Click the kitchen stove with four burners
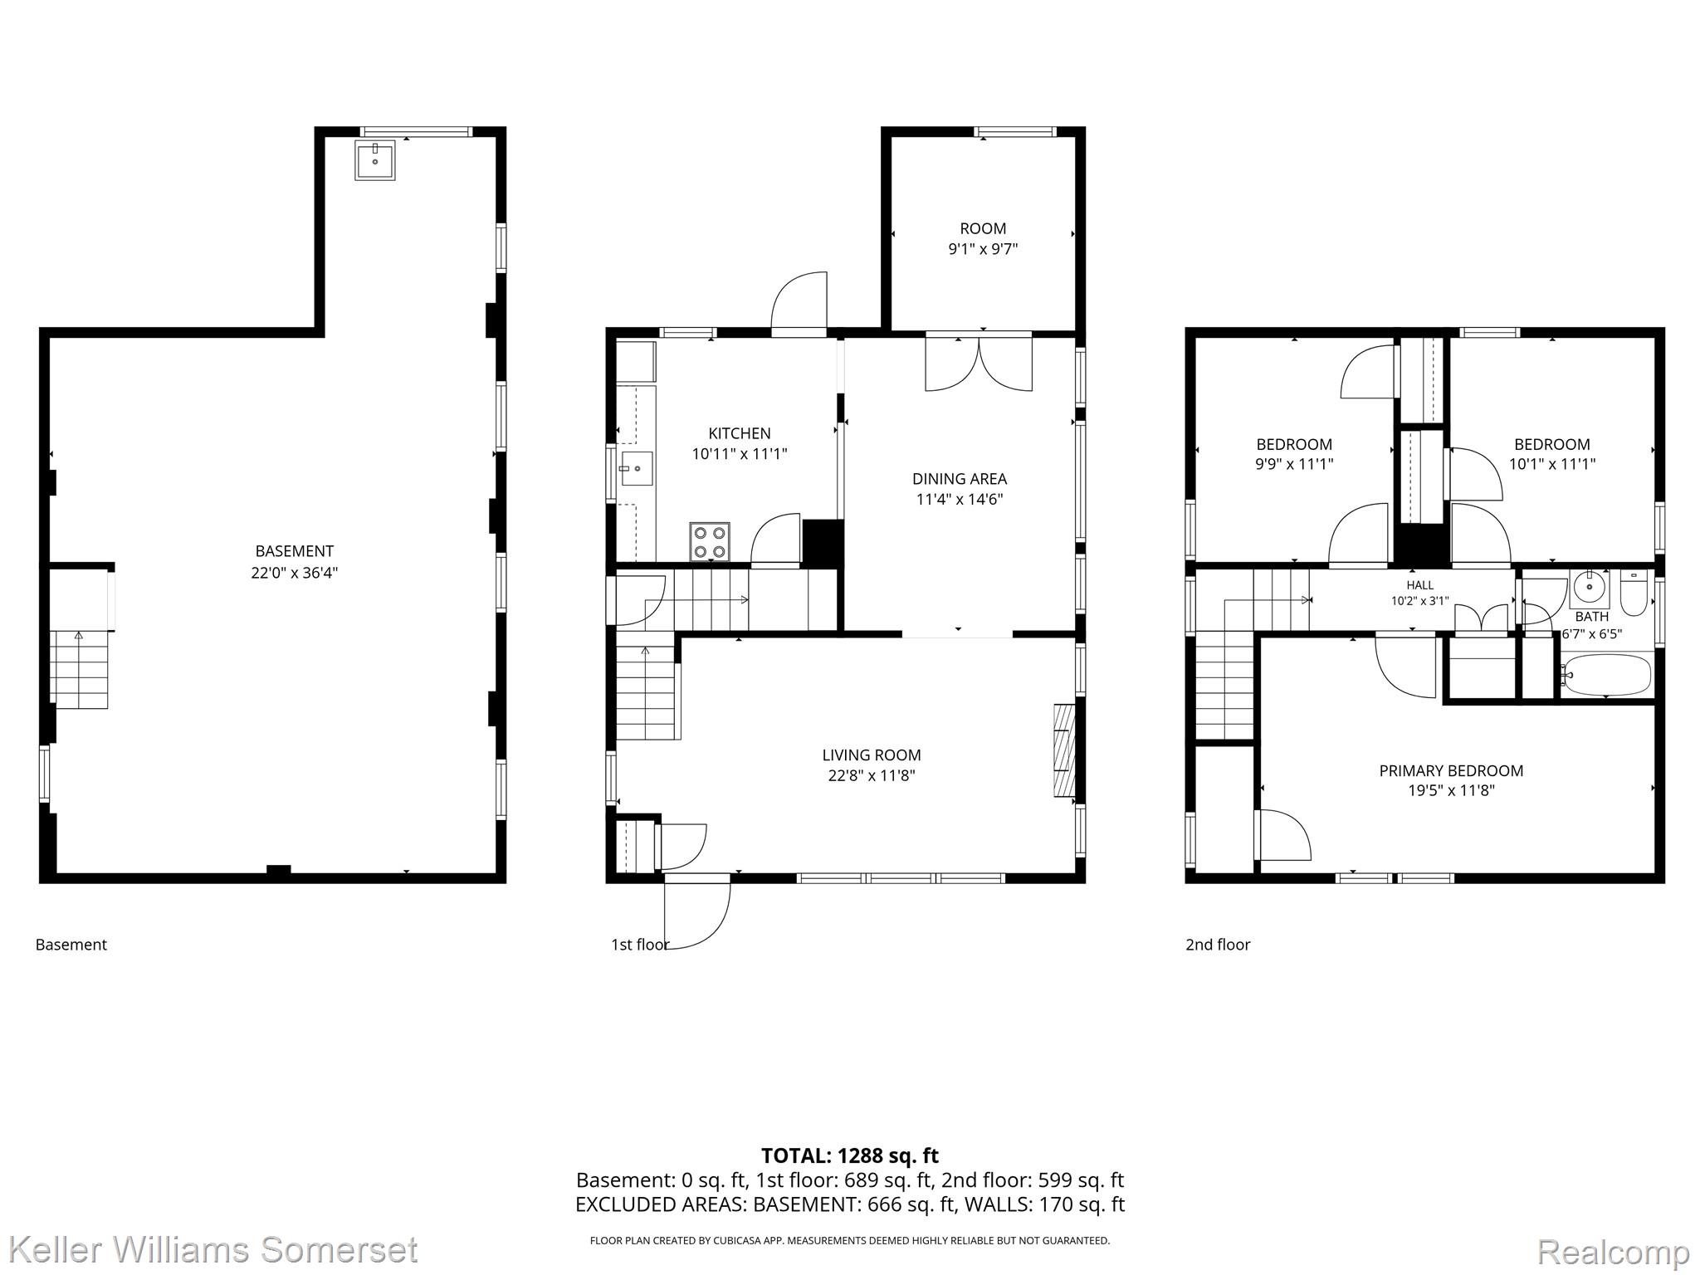coord(710,542)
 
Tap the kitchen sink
coord(637,469)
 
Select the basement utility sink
coord(375,160)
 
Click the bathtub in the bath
coord(1606,675)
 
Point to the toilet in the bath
coord(1633,593)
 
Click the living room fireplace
coord(1064,751)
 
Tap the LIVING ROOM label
coord(872,755)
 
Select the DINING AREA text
coord(960,479)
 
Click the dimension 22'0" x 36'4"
coord(295,573)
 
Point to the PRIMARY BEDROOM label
coord(1451,771)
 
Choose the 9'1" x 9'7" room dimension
coord(983,249)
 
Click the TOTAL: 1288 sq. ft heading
coord(850,1155)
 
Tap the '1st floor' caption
coord(640,945)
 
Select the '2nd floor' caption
coord(1218,945)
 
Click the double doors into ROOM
coord(979,362)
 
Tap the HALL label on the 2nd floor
coord(1420,585)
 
